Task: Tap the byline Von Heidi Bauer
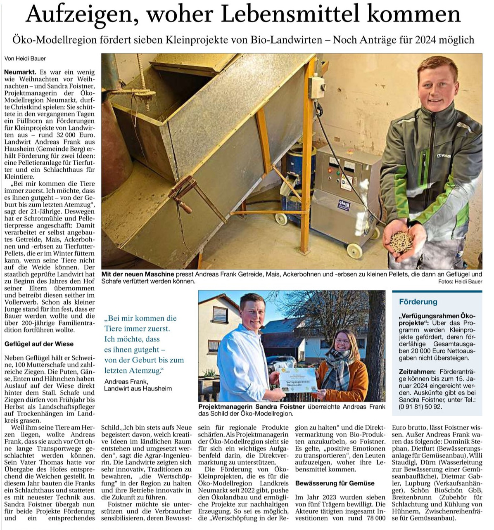pyautogui.click(x=25, y=59)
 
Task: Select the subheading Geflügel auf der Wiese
pyautogui.click(x=39, y=344)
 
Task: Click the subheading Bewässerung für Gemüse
pyautogui.click(x=335, y=483)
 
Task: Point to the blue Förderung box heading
pyautogui.click(x=418, y=302)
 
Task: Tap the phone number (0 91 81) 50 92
pyautogui.click(x=420, y=407)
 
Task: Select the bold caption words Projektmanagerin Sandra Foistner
pyautogui.click(x=251, y=407)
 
